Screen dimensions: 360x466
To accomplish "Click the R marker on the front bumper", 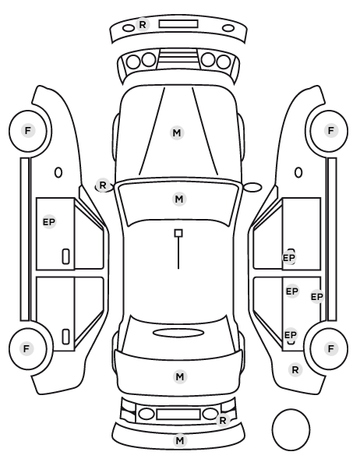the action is click(x=143, y=24).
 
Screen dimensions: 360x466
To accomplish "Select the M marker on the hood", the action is click(x=177, y=132).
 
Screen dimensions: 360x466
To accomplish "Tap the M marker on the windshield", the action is click(x=179, y=199).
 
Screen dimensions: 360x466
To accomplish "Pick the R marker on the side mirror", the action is click(x=103, y=185).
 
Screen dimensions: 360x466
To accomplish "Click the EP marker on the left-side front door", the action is click(x=49, y=222).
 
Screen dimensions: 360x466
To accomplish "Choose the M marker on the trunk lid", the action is click(x=180, y=377).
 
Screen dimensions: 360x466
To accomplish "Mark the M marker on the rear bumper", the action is click(x=179, y=440).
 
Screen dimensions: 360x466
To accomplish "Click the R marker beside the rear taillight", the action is click(x=223, y=420).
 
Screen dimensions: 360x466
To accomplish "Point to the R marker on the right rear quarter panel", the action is click(x=295, y=369).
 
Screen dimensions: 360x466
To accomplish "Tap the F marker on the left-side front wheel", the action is click(x=27, y=130).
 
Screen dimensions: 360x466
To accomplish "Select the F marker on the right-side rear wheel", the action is click(x=331, y=348).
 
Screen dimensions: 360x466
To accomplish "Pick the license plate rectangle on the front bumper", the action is click(x=178, y=24).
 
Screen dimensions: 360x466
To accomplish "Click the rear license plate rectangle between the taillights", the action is click(x=178, y=414).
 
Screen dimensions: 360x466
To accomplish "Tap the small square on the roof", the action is click(x=178, y=233).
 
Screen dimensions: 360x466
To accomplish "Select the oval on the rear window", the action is click(x=178, y=333).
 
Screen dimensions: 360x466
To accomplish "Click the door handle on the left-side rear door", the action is click(x=66, y=337).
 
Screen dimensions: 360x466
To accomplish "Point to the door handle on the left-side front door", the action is click(x=66, y=256).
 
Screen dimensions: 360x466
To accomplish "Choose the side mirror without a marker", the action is click(x=252, y=187).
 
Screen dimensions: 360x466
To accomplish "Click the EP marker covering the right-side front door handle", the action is click(x=289, y=258).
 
